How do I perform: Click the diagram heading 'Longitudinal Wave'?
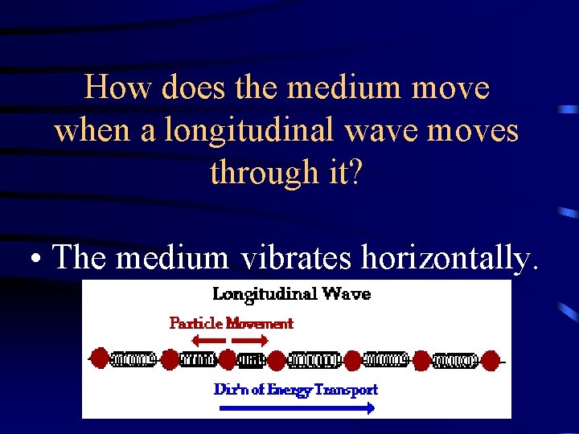pos(291,293)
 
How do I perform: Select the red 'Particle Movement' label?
pos(231,323)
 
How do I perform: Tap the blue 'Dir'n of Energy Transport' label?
pos(295,389)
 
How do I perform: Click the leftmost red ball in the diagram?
pos(100,358)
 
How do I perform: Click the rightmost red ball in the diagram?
pos(491,359)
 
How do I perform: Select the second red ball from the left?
pos(170,359)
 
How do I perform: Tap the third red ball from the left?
pos(228,359)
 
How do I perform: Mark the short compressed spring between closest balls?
pos(253,359)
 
